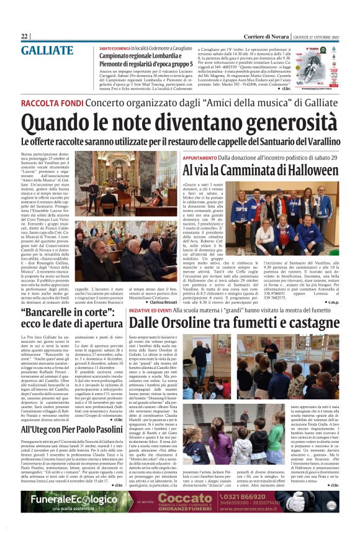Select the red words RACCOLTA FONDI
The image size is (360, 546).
pyautogui.click(x=52, y=102)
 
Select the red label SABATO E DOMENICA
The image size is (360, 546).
pyautogui.click(x=115, y=48)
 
